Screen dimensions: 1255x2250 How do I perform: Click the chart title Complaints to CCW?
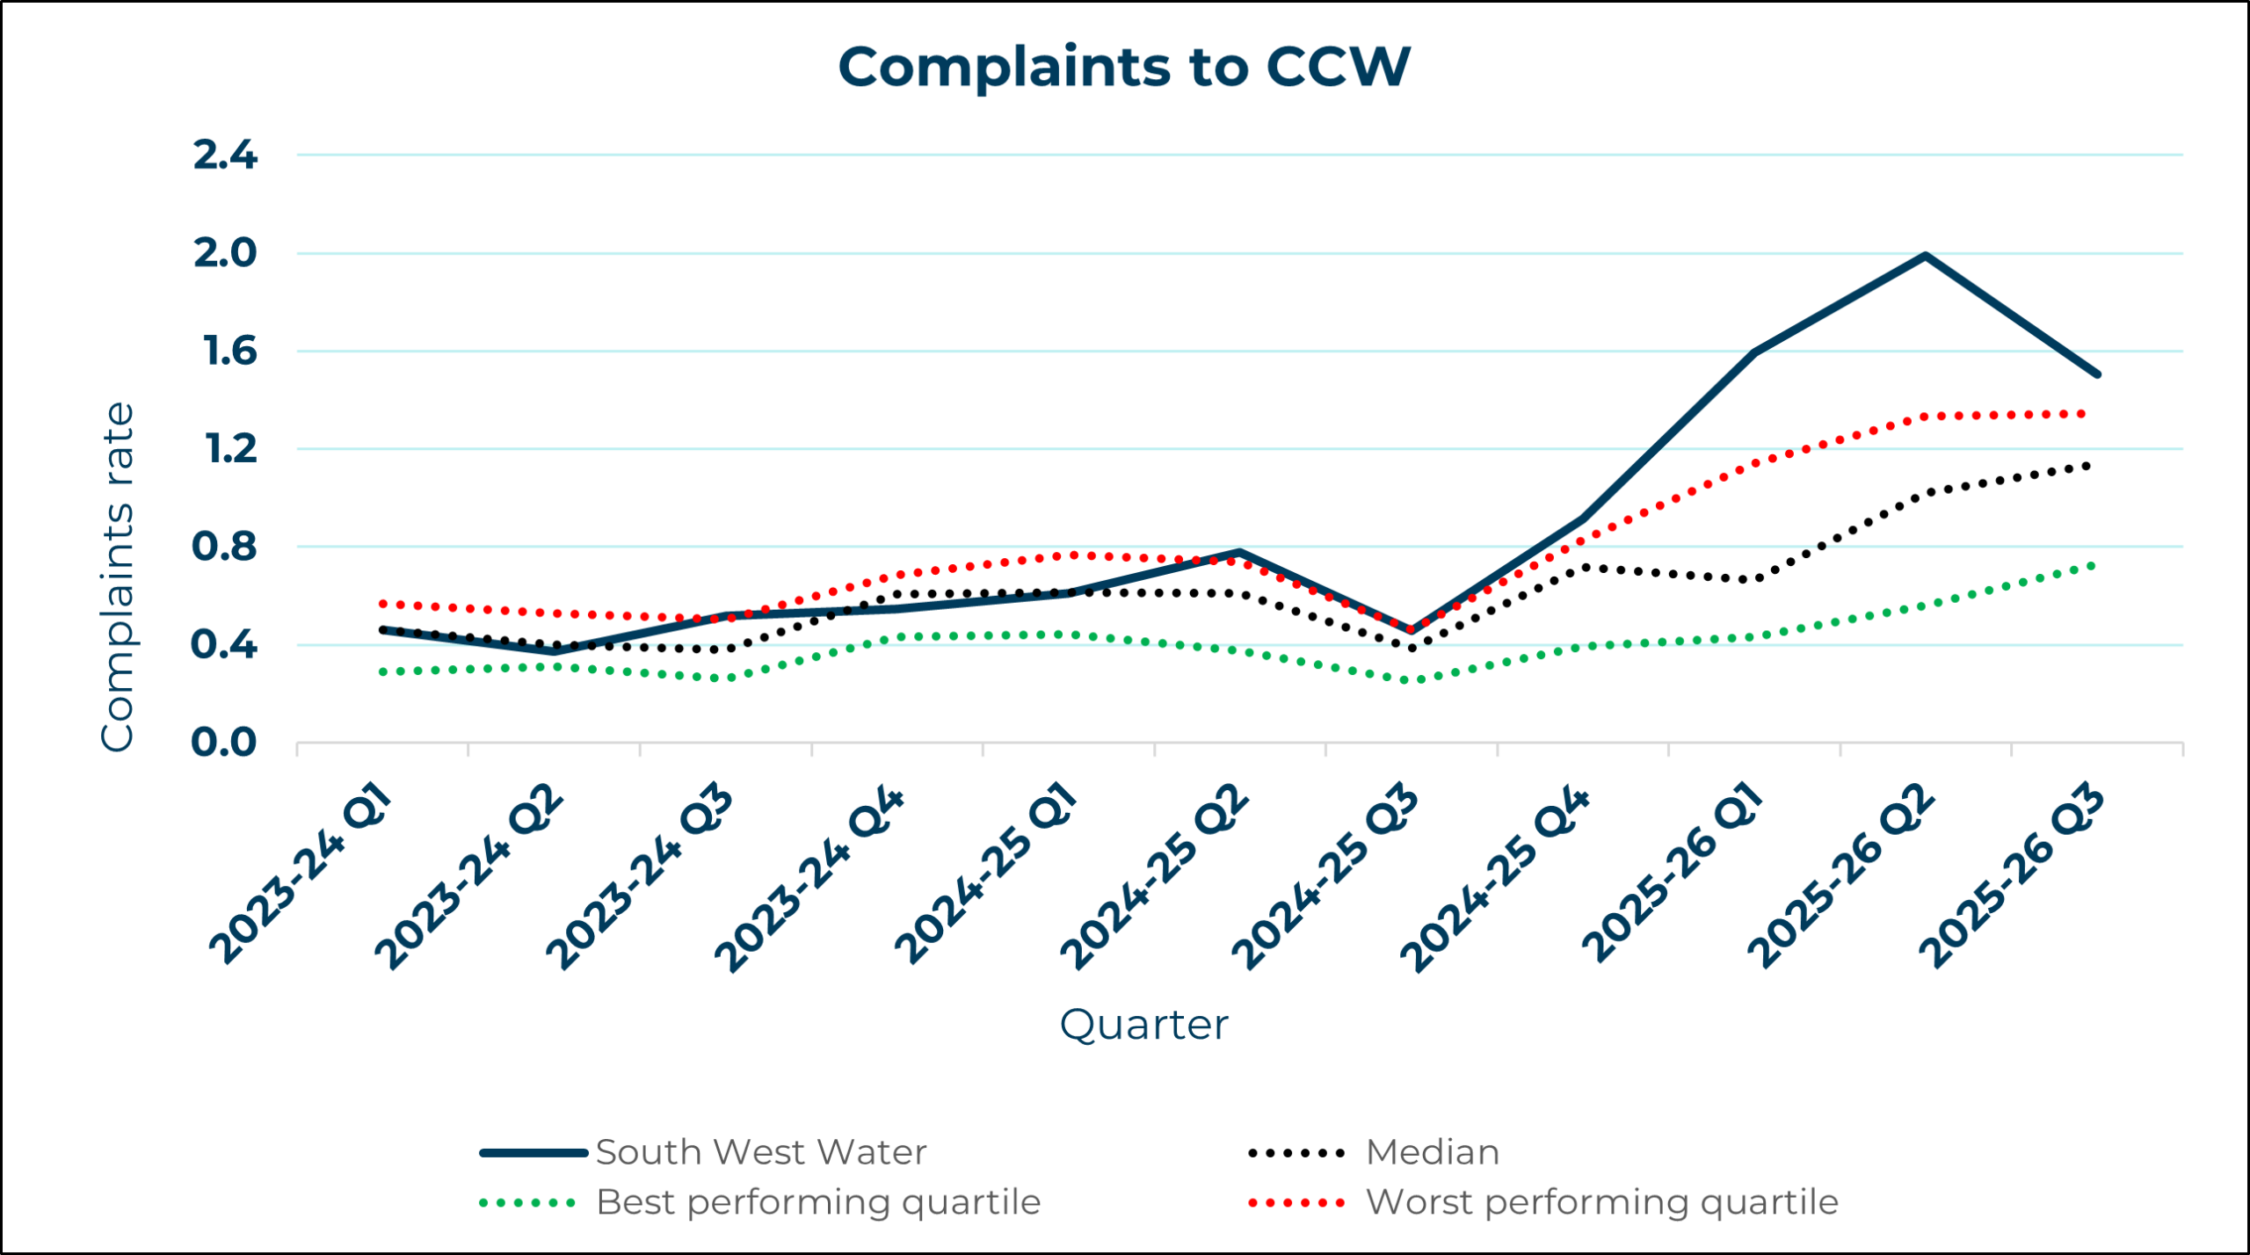click(1124, 67)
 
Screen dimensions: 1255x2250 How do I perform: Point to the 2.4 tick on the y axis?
click(225, 156)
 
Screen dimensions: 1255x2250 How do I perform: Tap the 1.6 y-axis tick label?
click(229, 352)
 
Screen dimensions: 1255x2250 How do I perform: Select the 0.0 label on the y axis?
click(224, 743)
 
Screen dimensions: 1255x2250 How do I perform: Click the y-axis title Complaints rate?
click(117, 577)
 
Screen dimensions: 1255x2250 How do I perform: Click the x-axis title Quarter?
click(1143, 1025)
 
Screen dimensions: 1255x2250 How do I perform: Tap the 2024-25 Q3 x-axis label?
click(1325, 876)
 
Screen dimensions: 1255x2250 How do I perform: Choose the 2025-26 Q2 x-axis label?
click(1841, 876)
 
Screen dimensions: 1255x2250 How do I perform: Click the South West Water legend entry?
click(760, 1152)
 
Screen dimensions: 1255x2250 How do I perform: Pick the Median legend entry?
click(1433, 1152)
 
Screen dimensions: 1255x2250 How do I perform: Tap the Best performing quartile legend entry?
click(817, 1202)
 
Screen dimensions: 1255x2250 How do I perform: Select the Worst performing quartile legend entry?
click(1601, 1202)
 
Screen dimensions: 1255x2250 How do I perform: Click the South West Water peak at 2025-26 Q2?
click(1926, 256)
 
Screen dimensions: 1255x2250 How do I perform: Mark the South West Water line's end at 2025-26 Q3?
click(2097, 374)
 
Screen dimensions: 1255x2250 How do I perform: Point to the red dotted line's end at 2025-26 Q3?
click(2082, 413)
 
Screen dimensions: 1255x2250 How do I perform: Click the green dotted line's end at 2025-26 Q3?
click(2091, 565)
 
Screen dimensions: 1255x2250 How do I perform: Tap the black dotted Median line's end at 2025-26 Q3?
click(2087, 465)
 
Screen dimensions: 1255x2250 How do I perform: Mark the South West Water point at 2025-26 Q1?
click(1754, 352)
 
